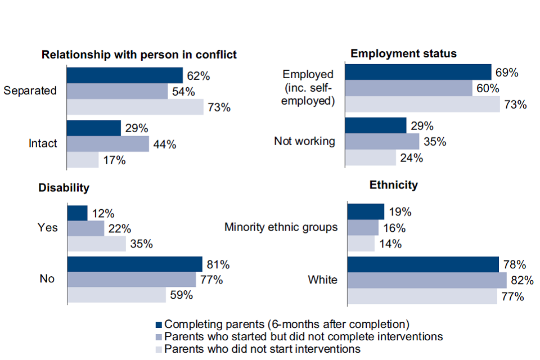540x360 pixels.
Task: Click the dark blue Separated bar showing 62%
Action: [125, 75]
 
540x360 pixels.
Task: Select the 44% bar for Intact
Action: [108, 144]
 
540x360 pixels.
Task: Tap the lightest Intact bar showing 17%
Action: [83, 160]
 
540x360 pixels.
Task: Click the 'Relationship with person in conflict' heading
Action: [139, 55]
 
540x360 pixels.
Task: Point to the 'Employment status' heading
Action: [403, 53]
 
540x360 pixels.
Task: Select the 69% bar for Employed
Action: [418, 72]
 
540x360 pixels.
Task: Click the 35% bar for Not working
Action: [382, 141]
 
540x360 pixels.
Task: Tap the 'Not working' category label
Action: [304, 141]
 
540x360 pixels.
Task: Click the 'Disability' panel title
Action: [65, 187]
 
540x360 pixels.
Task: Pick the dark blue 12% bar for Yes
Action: [78, 213]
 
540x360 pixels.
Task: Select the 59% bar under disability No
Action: [116, 295]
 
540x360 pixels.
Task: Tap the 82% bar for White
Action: [427, 280]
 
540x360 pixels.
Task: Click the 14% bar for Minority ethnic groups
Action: [361, 244]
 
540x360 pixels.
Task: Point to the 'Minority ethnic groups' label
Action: [281, 227]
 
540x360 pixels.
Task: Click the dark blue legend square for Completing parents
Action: [158, 324]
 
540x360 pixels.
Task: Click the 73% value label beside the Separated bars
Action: [219, 107]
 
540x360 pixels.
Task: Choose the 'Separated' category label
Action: [30, 91]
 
